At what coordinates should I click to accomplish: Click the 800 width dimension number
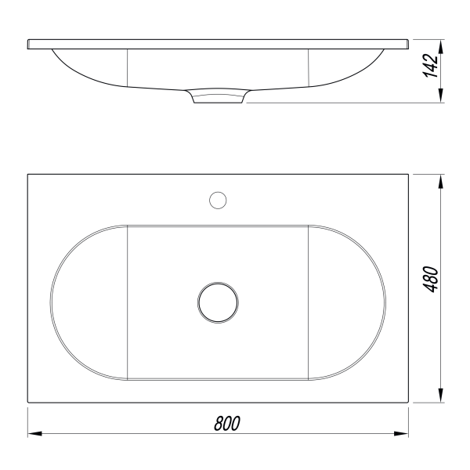tap(227, 423)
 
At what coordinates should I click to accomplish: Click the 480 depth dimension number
tap(430, 279)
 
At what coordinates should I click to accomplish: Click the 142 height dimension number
tap(430, 66)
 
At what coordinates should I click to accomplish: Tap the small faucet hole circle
tap(218, 201)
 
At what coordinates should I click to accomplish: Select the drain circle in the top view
tap(219, 302)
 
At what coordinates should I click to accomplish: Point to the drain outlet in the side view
tap(218, 96)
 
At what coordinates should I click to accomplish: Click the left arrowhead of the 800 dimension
tap(34, 433)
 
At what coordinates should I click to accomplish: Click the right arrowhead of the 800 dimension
tap(401, 433)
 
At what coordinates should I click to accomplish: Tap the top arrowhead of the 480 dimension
tap(440, 182)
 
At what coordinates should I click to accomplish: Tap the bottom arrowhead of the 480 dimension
tap(440, 396)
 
